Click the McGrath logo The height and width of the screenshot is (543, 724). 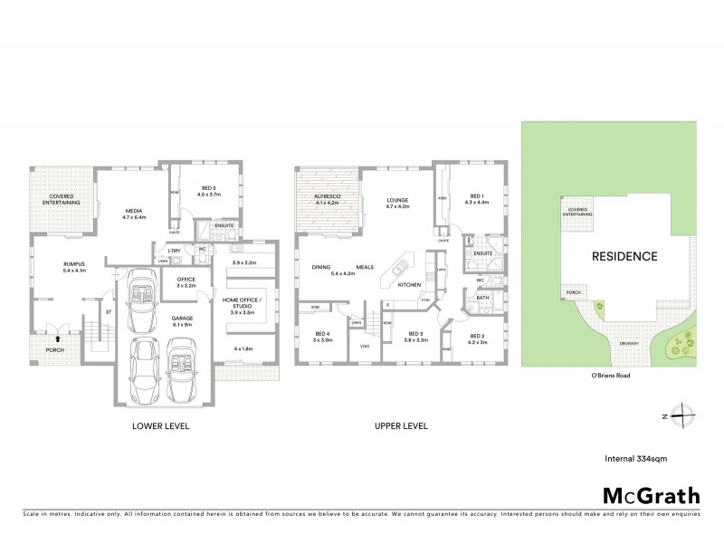pyautogui.click(x=651, y=495)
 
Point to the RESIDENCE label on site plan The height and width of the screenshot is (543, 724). pyautogui.click(x=624, y=256)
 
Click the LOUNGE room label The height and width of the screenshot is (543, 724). pyautogui.click(x=397, y=201)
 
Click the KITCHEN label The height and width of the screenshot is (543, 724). pyautogui.click(x=408, y=284)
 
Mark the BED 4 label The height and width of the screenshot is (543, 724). pyautogui.click(x=323, y=337)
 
